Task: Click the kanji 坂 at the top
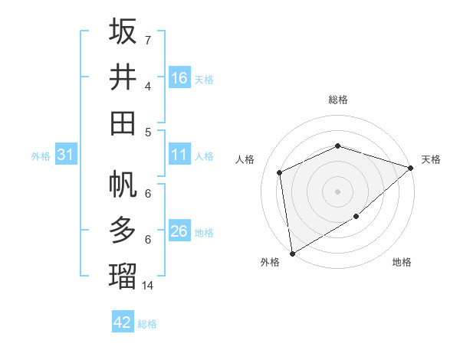tap(123, 31)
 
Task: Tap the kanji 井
tap(123, 77)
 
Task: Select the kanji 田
tap(123, 123)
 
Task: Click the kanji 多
tap(123, 231)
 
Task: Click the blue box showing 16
tap(179, 78)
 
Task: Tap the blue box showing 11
tap(179, 155)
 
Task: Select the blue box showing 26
tap(179, 232)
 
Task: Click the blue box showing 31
tap(66, 155)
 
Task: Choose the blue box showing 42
tap(123, 322)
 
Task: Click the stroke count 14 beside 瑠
tap(149, 286)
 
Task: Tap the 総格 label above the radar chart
tap(337, 100)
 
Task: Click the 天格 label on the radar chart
tap(431, 159)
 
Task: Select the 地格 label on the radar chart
tap(402, 263)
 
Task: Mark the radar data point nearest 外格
tap(292, 253)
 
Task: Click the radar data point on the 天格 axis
tap(411, 168)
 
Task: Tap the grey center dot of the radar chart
tap(337, 191)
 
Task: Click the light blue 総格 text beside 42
tap(147, 324)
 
